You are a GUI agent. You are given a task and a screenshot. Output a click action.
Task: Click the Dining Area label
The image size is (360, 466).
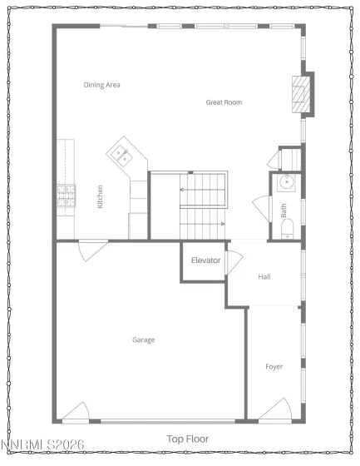tap(102, 85)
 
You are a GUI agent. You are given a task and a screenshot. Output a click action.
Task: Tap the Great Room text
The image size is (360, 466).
tap(224, 102)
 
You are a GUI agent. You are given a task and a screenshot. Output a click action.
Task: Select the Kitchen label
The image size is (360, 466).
tap(101, 196)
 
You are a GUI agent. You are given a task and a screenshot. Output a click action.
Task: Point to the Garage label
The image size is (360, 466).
tap(144, 340)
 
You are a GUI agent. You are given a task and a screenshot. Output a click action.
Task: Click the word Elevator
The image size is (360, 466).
tap(205, 260)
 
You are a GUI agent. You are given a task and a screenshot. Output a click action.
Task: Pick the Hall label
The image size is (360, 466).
tap(264, 277)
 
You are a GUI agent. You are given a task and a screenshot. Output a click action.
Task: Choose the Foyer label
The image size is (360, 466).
tap(274, 367)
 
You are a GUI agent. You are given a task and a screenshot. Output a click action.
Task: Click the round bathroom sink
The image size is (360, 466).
tap(288, 183)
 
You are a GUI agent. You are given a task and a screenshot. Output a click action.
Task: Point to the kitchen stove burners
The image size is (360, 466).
tap(64, 196)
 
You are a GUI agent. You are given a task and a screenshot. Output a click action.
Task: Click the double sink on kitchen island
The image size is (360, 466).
tap(121, 153)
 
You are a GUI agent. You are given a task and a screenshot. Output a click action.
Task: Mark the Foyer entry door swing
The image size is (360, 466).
tap(276, 408)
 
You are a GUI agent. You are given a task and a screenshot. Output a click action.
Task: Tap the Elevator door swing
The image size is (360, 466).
tap(232, 261)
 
